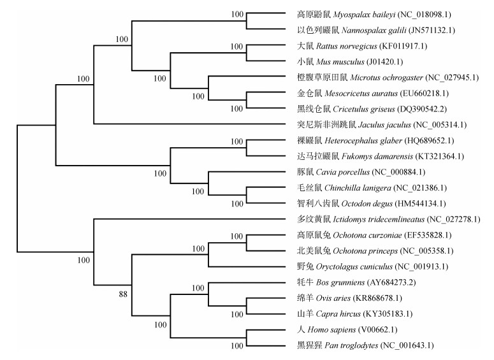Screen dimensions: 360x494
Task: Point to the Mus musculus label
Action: pos(336,62)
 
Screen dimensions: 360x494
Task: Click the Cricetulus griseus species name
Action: pos(350,109)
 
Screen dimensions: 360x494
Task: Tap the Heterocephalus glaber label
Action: pos(352,140)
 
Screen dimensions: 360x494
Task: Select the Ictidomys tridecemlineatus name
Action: pos(372,220)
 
